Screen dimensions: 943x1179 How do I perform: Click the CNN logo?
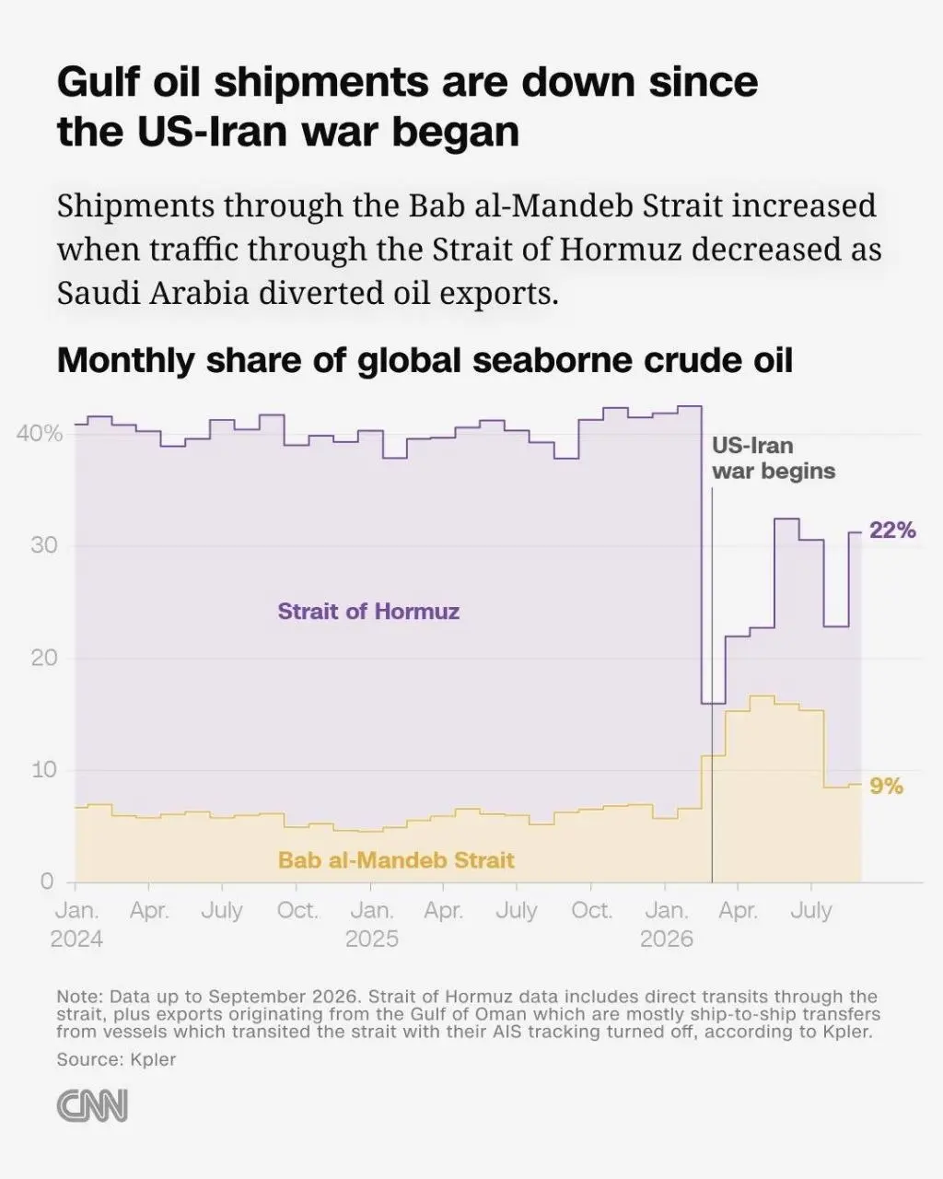(x=92, y=1105)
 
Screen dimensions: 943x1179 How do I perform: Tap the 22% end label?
(x=892, y=531)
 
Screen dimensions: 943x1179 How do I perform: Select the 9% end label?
(x=887, y=787)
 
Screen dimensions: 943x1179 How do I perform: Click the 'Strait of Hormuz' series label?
(x=368, y=611)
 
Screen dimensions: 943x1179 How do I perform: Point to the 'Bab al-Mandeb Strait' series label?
(x=396, y=859)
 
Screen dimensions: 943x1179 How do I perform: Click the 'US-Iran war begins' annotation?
(x=774, y=458)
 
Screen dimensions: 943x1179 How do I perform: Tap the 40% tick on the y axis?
(x=40, y=434)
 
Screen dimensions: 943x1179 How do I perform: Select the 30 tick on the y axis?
(x=44, y=545)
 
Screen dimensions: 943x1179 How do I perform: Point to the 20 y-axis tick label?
(x=44, y=658)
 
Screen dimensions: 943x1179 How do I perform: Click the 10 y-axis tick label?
(x=44, y=770)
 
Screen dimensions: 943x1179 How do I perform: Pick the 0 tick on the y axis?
(x=47, y=881)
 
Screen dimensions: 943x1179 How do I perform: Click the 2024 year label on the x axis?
(x=76, y=939)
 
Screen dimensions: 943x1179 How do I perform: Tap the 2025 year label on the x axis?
(x=372, y=939)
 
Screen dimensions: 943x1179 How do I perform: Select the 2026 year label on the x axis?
(x=667, y=939)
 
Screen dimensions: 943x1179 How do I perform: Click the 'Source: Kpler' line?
(x=116, y=1059)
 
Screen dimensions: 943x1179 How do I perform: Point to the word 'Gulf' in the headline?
(x=99, y=82)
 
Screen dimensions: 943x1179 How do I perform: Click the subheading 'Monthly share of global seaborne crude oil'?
(x=425, y=360)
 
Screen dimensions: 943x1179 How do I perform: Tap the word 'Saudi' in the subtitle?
(x=99, y=293)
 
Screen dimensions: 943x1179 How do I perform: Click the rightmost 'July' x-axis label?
(x=811, y=910)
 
